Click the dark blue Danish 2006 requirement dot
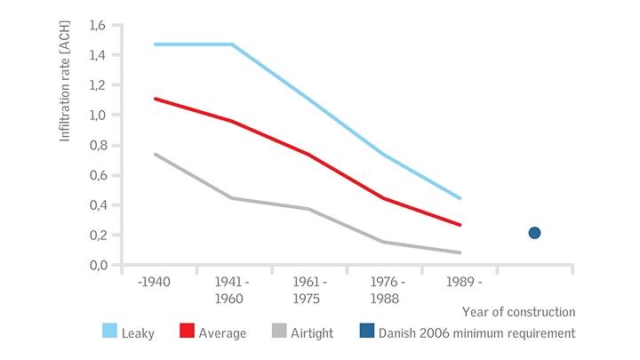[x=534, y=233]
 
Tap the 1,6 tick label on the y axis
[x=99, y=25]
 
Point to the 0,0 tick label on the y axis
[x=99, y=265]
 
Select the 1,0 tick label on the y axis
[x=99, y=115]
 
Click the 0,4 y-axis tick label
[x=99, y=205]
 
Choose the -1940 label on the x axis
[x=155, y=282]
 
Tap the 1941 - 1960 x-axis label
[x=232, y=289]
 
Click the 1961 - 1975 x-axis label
[x=308, y=289]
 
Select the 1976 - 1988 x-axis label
[x=385, y=289]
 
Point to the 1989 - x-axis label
[x=461, y=282]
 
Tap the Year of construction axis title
[x=518, y=312]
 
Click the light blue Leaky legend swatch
[x=111, y=332]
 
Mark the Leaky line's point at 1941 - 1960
[x=232, y=44]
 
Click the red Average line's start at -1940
[x=155, y=99]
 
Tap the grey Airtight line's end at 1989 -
[x=460, y=252]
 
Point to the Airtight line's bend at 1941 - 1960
[x=232, y=197]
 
